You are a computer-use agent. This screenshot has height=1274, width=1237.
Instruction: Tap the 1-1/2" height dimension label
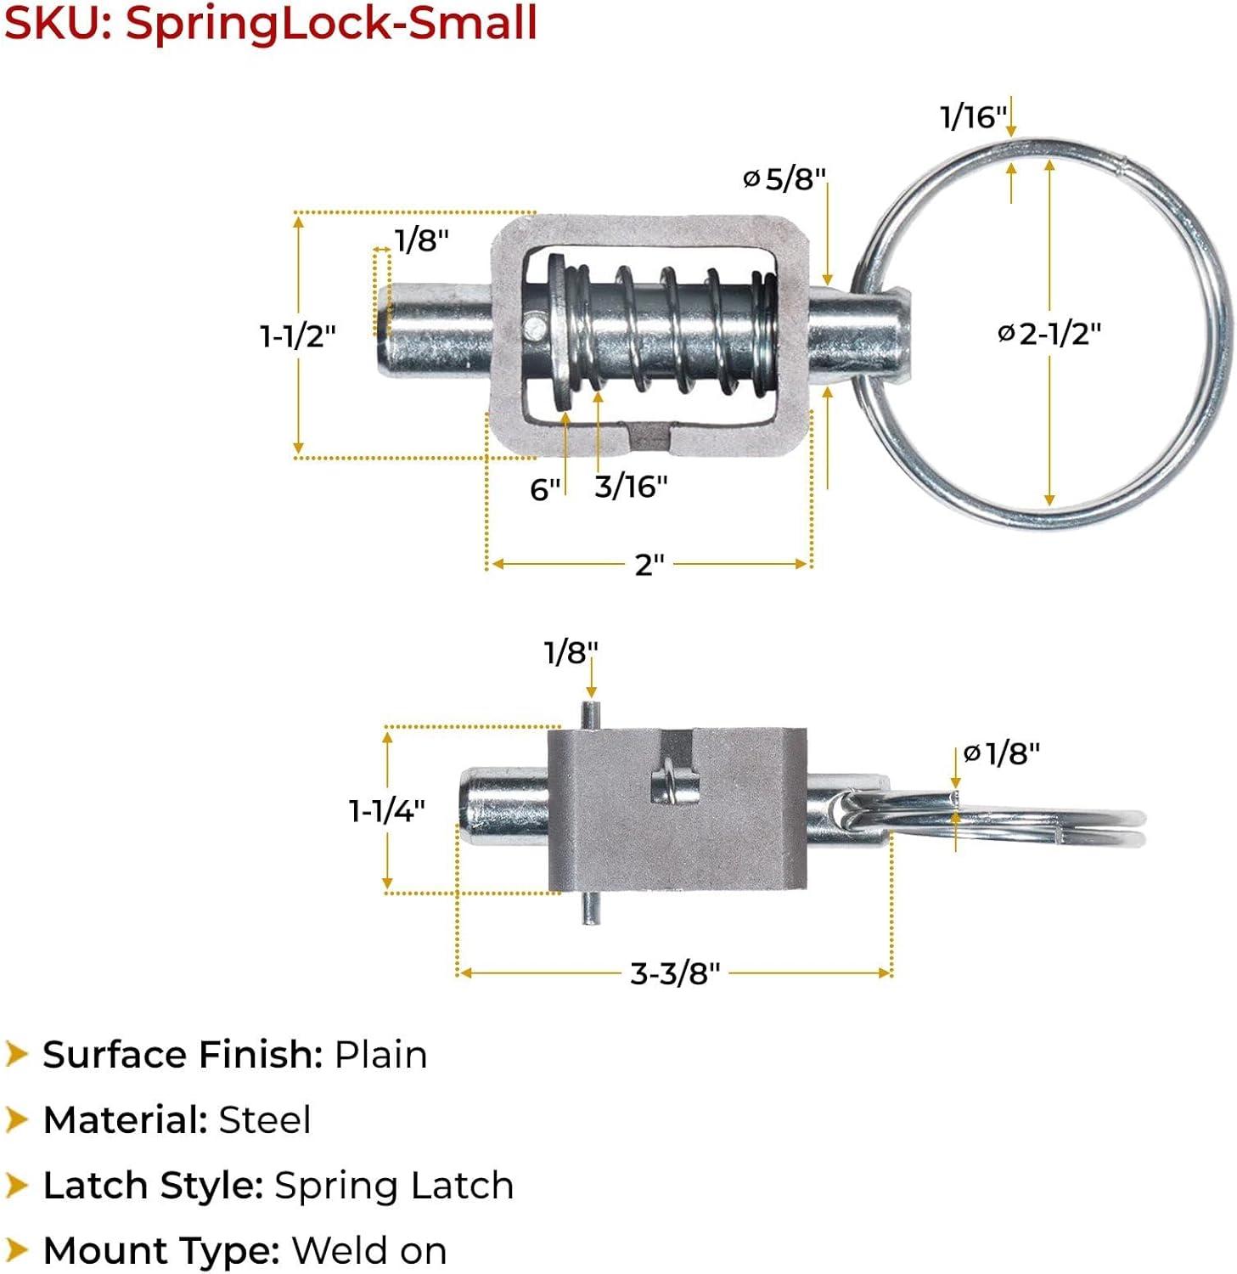click(298, 336)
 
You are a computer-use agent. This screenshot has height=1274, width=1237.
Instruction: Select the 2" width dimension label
click(649, 564)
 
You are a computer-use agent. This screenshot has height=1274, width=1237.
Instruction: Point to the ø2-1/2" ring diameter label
click(1049, 334)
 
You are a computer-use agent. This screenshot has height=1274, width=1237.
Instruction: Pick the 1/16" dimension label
click(973, 116)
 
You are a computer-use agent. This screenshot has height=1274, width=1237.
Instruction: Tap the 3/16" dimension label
click(631, 487)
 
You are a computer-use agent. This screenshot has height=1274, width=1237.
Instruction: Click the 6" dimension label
click(545, 489)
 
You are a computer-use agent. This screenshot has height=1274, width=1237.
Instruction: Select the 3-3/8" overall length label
click(675, 973)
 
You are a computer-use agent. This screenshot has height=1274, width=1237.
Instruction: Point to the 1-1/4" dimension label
click(387, 811)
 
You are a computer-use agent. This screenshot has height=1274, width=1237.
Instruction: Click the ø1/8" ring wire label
click(1002, 753)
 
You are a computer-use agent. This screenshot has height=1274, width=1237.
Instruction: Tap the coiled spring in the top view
click(671, 330)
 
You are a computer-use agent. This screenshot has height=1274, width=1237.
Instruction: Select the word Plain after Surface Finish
click(380, 1055)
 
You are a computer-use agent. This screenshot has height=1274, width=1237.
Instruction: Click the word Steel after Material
click(265, 1120)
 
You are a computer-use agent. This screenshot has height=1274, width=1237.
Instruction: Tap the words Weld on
click(369, 1251)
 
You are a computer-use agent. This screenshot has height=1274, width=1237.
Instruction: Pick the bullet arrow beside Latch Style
click(16, 1185)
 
